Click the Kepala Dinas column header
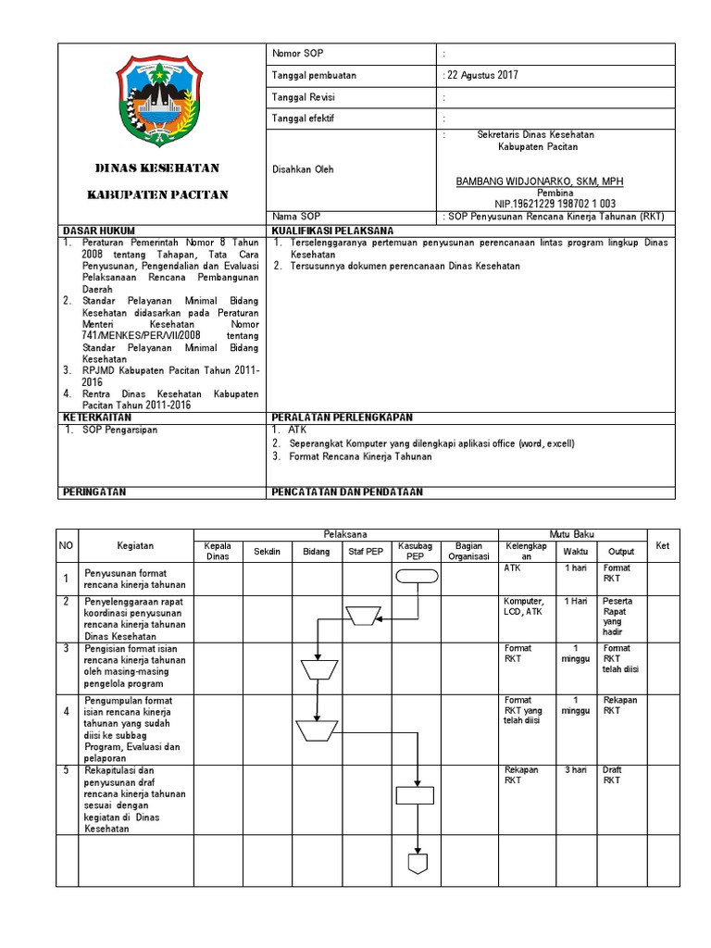217,551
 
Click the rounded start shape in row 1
416,577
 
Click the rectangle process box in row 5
416,794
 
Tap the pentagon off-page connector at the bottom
417,862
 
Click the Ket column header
662,545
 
